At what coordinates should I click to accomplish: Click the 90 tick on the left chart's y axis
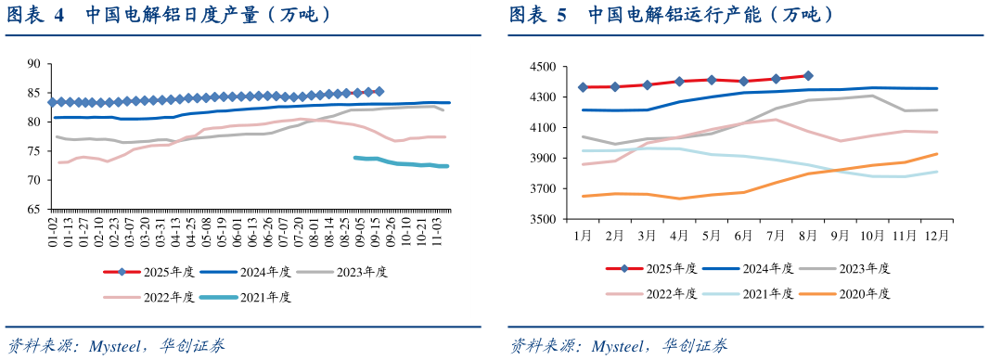coord(34,63)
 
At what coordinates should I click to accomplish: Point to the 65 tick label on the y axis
coord(34,210)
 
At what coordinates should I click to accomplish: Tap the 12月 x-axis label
coord(936,237)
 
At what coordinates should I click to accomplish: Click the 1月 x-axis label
coord(583,237)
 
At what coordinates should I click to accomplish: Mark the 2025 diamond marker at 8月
coord(808,76)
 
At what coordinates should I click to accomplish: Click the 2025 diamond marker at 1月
coord(583,87)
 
